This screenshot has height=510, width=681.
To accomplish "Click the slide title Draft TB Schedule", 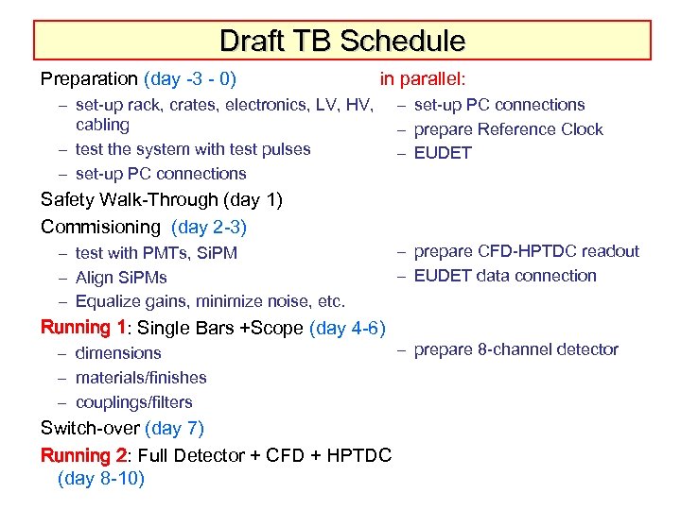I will (341, 41).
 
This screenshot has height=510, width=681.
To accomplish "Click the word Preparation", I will (90, 79).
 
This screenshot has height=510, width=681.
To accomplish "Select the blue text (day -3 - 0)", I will (190, 79).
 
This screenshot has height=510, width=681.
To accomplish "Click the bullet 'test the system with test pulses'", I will (193, 149).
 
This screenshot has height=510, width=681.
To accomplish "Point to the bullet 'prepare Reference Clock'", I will (508, 129).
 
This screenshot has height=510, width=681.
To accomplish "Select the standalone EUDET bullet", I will (443, 153).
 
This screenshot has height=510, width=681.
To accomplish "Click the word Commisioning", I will (101, 227).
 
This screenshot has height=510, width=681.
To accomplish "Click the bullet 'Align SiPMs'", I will (121, 278).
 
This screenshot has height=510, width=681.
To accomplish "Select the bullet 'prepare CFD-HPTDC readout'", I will (526, 251).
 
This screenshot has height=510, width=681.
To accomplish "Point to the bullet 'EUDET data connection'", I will (505, 276).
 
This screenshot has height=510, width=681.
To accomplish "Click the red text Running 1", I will (83, 328).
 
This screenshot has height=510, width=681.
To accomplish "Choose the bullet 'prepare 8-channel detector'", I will (515, 349).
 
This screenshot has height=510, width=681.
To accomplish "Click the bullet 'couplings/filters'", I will (133, 402).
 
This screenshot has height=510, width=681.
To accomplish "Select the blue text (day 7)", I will (175, 429).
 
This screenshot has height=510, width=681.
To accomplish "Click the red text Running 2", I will (83, 455).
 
